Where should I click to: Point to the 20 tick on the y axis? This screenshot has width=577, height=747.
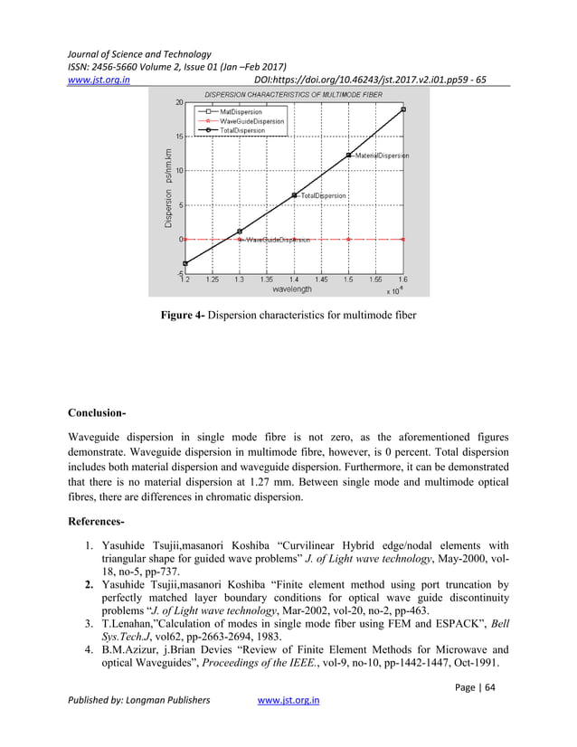[178, 102]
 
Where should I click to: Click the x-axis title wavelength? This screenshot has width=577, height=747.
[292, 290]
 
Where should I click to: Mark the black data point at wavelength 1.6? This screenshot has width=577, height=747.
[403, 109]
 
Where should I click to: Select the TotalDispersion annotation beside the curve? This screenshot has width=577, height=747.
[324, 195]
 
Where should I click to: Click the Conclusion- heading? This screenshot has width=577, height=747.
[97, 414]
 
